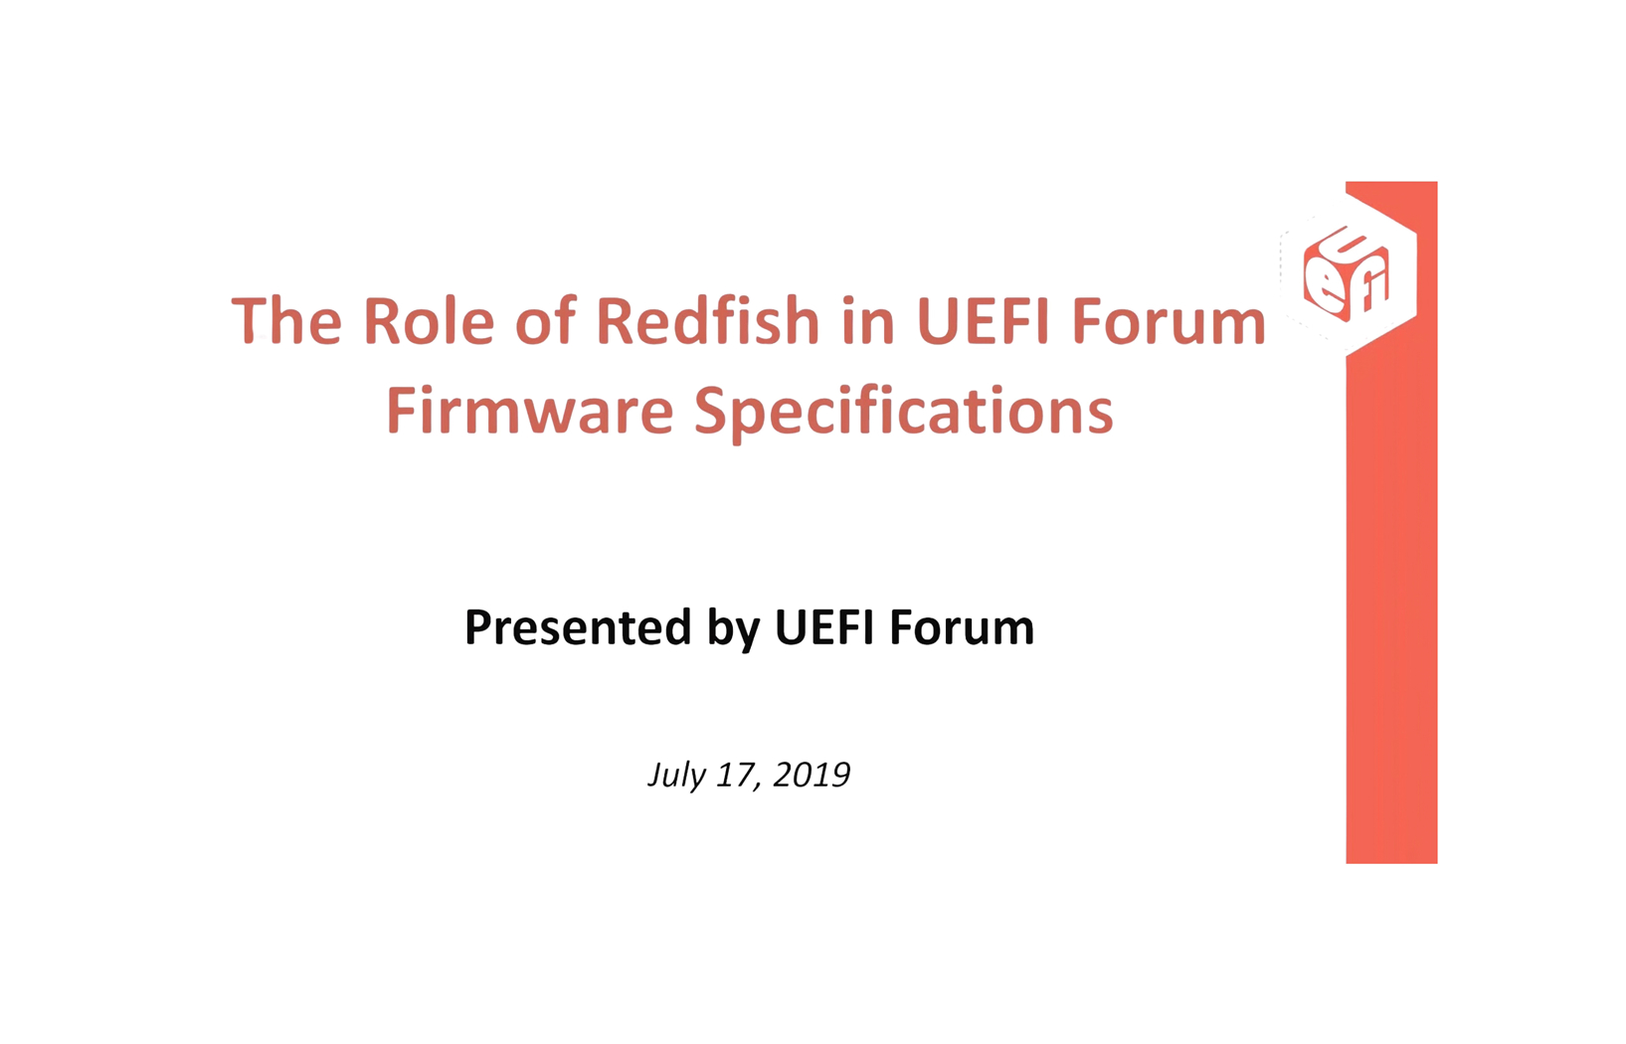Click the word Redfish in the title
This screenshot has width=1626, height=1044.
[708, 319]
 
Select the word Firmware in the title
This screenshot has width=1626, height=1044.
[530, 410]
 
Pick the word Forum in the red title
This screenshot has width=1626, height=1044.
[1170, 321]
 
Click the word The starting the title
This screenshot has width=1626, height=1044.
[286, 319]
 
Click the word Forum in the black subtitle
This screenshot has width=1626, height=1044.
[962, 627]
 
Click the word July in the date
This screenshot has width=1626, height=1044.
[676, 776]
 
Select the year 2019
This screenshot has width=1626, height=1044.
[812, 775]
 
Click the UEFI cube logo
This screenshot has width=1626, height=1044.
[1347, 274]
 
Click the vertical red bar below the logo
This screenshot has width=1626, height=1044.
[1391, 609]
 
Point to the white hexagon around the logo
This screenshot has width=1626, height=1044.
[1408, 274]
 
